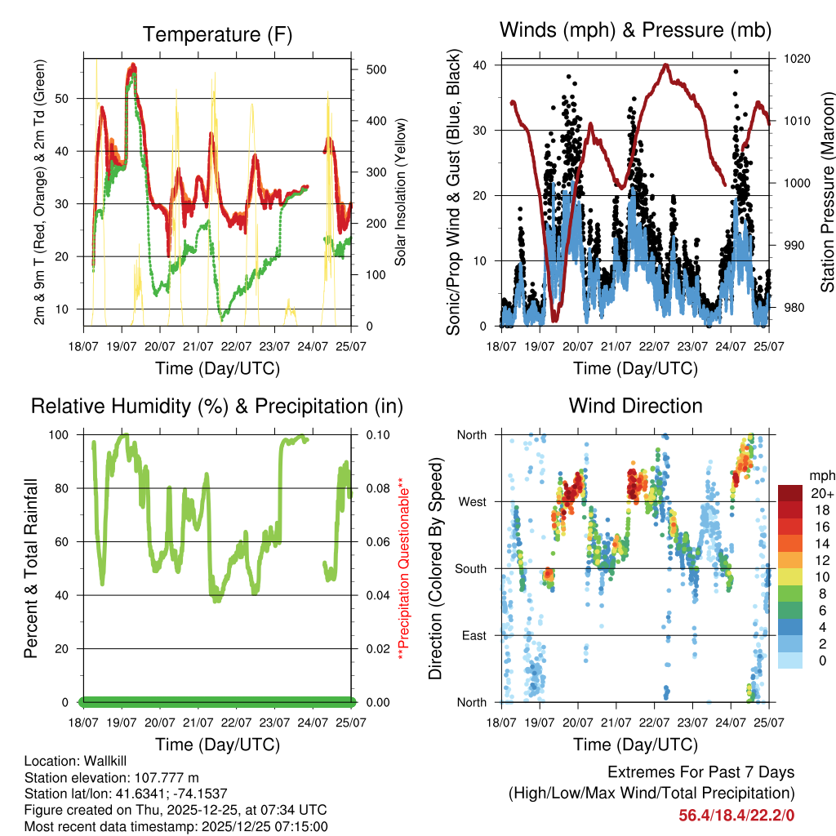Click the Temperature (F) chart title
point(217,34)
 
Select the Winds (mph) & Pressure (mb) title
point(635,30)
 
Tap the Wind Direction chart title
point(635,405)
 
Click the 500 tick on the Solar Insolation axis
point(376,69)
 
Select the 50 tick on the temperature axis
point(69,98)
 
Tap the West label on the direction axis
point(473,501)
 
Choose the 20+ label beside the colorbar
point(821,494)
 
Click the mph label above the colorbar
point(821,474)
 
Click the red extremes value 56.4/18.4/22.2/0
point(736,815)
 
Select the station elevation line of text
point(112,777)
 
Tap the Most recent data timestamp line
point(176,826)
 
